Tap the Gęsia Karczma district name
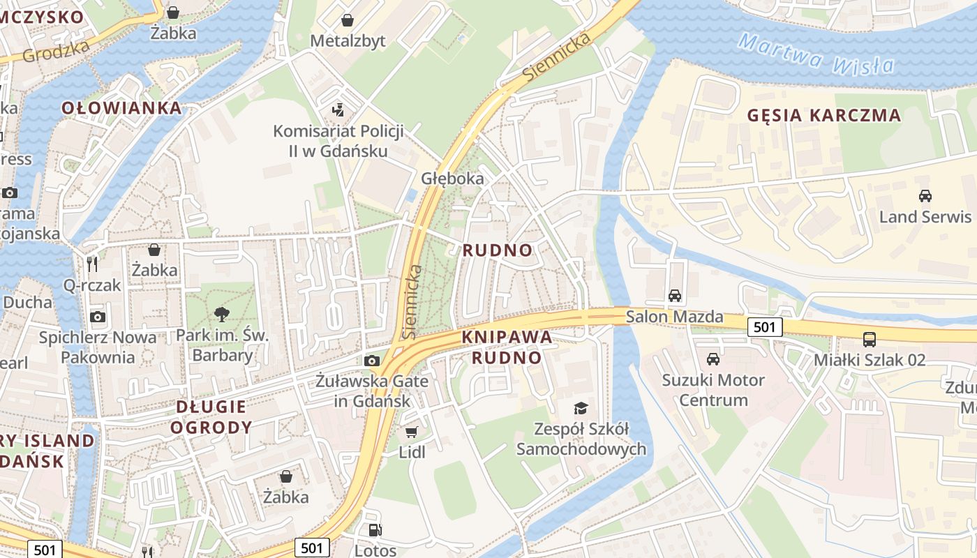(824, 116)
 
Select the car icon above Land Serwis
(925, 196)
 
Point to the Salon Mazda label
(674, 317)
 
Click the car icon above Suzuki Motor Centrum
(713, 359)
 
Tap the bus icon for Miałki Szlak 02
(870, 340)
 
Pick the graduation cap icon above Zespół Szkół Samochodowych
(581, 408)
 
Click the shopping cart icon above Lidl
(412, 432)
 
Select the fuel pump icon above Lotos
(375, 530)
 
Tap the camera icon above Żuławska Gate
(372, 361)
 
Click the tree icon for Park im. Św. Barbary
(222, 315)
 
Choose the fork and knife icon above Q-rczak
(92, 264)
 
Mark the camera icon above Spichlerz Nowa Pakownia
(98, 317)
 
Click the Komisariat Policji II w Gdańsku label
(329, 141)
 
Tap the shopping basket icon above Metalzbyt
(347, 21)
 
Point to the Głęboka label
(452, 179)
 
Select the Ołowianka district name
(121, 108)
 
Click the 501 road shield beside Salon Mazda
(764, 326)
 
